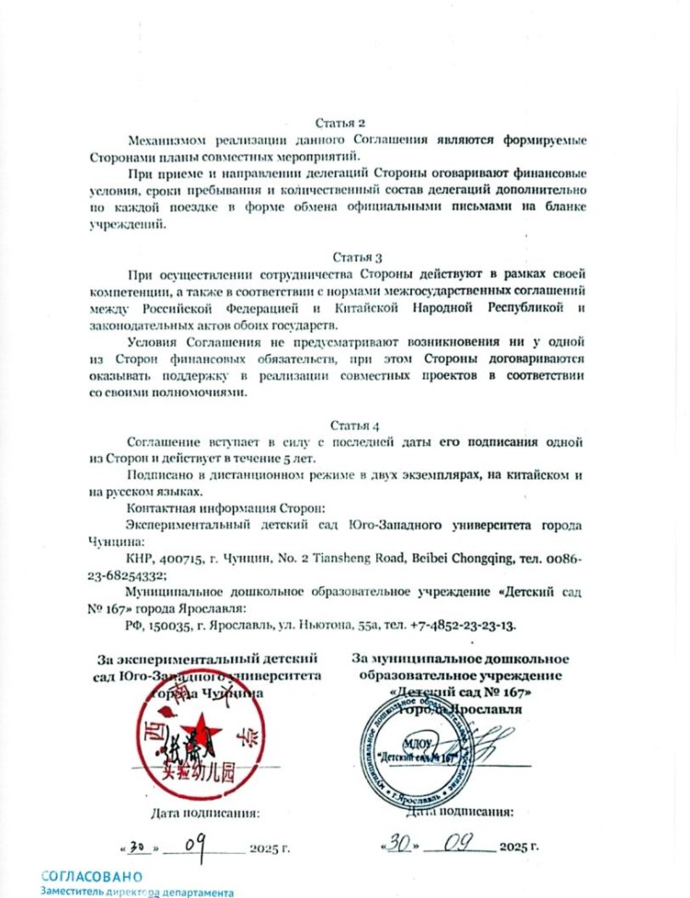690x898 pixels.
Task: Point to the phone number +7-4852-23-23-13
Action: pos(469,625)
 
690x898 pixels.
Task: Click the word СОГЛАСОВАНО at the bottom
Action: pos(92,877)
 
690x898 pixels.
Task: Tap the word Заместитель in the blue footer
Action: pos(74,892)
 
